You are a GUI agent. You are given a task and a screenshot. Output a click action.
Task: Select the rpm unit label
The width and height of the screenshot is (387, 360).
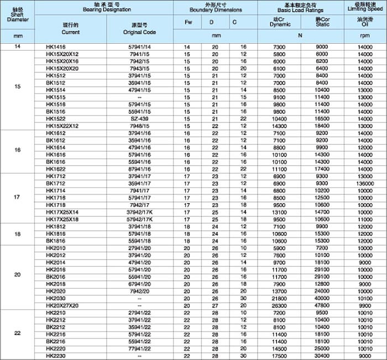point(365,36)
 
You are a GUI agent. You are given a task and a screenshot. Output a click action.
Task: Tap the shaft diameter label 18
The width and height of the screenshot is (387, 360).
point(17,234)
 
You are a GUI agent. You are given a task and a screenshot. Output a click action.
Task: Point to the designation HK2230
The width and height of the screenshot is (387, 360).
point(56,356)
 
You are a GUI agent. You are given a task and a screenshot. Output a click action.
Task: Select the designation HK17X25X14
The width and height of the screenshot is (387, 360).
point(62,211)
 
